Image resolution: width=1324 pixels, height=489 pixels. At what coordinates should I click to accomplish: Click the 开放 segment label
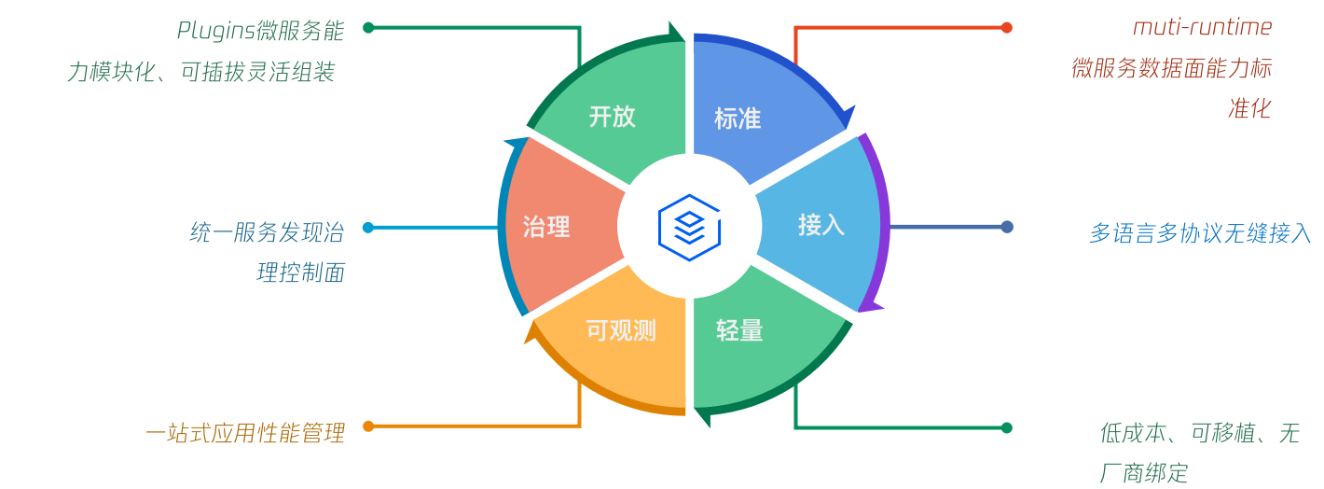[613, 117]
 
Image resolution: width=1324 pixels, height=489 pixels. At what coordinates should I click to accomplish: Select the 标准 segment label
[738, 119]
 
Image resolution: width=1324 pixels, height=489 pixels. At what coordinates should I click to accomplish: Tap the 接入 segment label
[821, 225]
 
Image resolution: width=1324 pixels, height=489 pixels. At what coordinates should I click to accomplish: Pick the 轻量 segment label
[739, 330]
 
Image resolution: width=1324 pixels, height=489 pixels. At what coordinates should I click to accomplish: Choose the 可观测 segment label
[621, 330]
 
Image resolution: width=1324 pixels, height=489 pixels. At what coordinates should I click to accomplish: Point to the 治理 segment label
[546, 227]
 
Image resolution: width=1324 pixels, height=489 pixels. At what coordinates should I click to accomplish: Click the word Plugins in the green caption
[216, 31]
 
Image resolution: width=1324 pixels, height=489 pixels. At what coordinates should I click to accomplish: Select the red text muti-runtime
[1202, 28]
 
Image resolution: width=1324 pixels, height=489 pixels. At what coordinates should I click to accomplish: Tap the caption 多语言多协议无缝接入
[1200, 233]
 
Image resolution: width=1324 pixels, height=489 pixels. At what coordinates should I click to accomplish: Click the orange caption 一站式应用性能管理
[245, 434]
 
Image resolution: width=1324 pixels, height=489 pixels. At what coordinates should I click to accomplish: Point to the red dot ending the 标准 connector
[1007, 27]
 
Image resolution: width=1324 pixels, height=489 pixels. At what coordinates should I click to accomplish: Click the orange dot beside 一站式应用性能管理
[368, 426]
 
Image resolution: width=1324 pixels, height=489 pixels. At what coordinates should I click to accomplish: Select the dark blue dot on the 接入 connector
[1007, 227]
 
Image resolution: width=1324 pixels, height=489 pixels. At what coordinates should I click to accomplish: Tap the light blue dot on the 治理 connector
[368, 227]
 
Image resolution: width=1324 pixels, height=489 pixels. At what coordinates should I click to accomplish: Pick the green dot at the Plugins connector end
[368, 27]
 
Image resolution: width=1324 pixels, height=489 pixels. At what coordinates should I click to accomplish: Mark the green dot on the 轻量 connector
[1007, 427]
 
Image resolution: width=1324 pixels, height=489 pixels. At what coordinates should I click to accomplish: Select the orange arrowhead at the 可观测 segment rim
[531, 333]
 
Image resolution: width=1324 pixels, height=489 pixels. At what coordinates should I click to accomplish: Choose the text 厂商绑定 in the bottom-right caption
[1144, 473]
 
